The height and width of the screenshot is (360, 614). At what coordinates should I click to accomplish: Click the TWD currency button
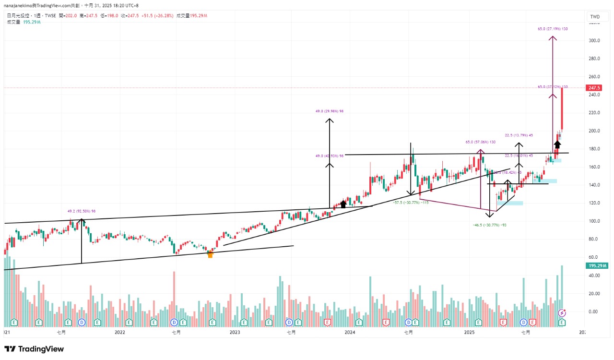[x=595, y=17]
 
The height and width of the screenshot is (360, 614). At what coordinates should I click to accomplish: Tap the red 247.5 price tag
[x=594, y=88]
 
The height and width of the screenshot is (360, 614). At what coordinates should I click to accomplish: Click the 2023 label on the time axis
[x=235, y=332]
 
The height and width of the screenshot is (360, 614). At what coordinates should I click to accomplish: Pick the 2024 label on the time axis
[x=350, y=332]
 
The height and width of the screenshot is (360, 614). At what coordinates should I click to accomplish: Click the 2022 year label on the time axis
[x=119, y=332]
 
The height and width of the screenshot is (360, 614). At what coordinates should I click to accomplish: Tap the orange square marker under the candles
[x=210, y=254]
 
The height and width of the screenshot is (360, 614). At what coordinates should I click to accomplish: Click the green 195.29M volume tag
[x=597, y=266]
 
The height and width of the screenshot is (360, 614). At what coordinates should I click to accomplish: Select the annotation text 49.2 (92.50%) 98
[x=81, y=211]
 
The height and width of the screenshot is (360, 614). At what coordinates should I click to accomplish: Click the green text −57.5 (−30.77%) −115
[x=410, y=203]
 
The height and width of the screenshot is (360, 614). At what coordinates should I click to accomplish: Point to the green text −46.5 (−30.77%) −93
[x=489, y=225]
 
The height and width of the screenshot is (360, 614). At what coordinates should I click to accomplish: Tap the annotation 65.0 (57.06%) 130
[x=480, y=142]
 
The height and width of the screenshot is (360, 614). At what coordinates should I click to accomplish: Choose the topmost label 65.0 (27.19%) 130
[x=553, y=29]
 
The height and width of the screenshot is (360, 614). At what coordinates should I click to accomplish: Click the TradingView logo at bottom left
[x=34, y=349]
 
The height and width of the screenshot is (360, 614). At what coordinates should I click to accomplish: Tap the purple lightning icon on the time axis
[x=562, y=313]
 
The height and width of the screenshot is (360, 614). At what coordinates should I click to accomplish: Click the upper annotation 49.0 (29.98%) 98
[x=330, y=111]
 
